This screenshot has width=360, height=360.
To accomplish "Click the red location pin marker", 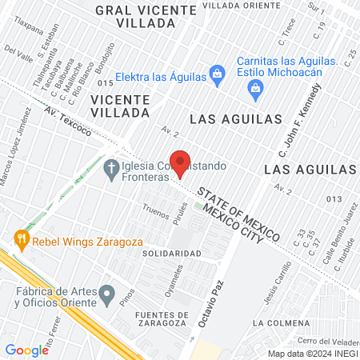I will [181, 163].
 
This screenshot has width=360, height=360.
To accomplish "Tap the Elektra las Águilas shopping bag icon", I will [216, 76].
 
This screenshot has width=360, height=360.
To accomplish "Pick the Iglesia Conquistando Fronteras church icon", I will [111, 167].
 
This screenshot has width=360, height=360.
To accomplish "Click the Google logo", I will [26, 350].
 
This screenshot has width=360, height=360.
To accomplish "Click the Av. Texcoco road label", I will [68, 120].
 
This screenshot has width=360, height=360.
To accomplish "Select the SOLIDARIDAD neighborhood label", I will [171, 253].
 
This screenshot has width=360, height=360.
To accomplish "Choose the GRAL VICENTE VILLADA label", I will [146, 17].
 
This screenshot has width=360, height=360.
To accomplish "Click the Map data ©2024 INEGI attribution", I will [312, 353].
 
